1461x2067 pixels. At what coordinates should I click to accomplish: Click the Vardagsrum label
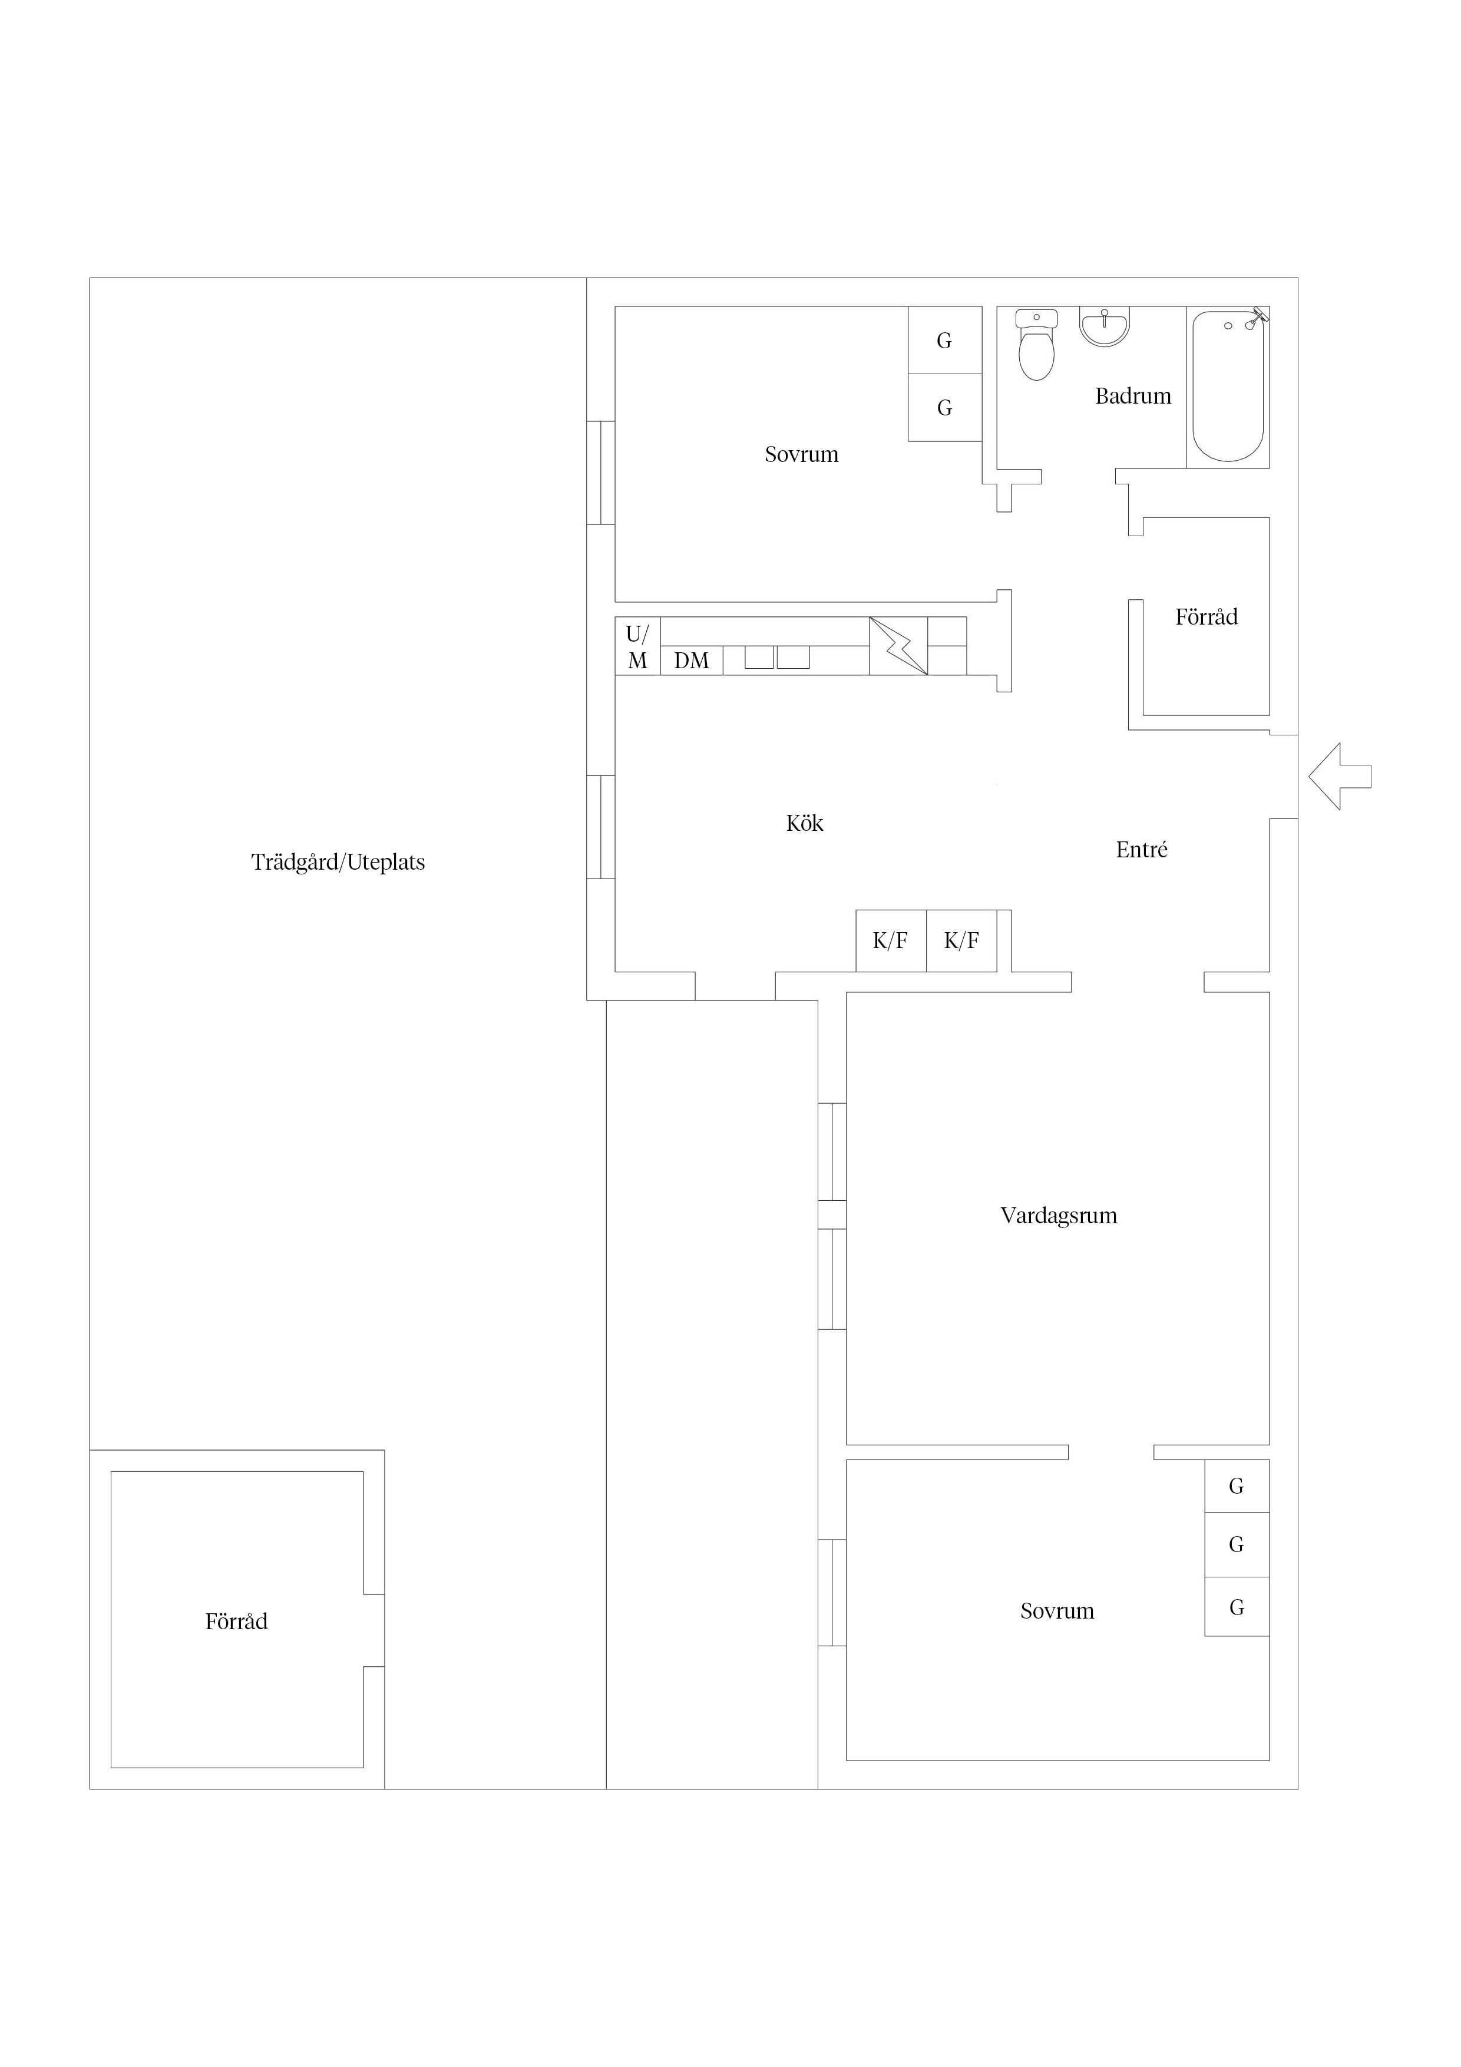click(x=1059, y=1216)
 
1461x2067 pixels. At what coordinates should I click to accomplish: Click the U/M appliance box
click(x=637, y=646)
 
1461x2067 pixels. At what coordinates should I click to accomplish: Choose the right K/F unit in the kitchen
click(x=961, y=941)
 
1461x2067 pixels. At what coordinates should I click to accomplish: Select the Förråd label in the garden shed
click(x=237, y=1622)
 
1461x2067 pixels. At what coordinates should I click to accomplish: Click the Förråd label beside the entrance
click(x=1207, y=617)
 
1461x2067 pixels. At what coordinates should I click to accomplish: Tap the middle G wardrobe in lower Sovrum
click(x=1237, y=1545)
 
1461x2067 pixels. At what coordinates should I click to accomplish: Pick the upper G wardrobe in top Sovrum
click(x=944, y=341)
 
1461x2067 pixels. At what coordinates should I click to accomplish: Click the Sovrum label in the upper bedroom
click(x=801, y=455)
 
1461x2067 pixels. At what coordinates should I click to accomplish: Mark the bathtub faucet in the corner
click(x=1258, y=315)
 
